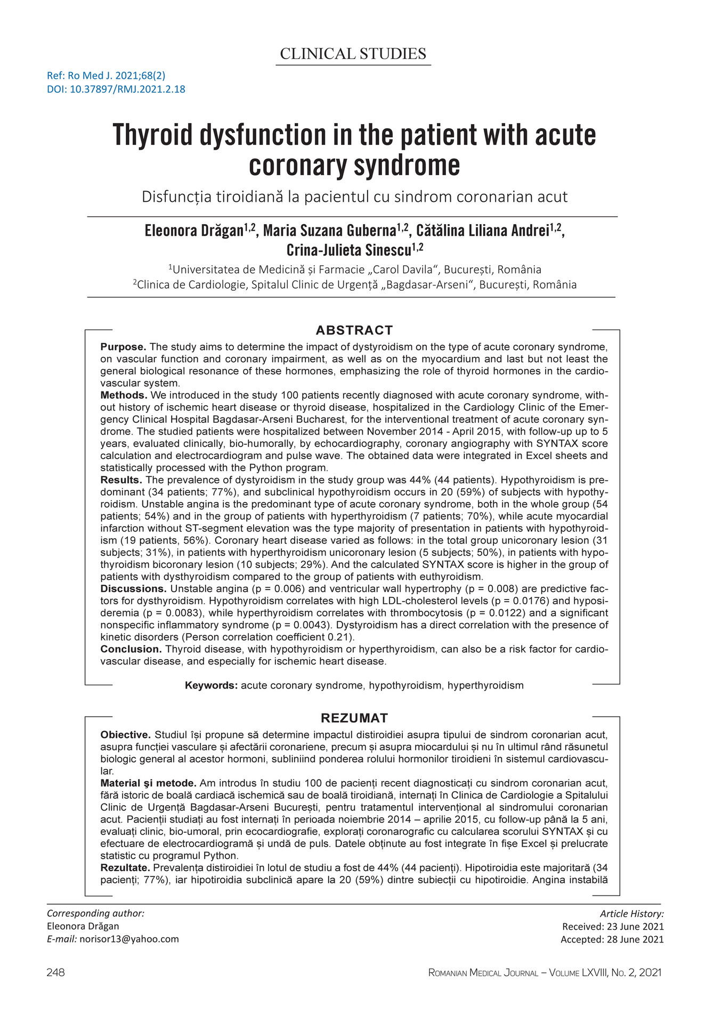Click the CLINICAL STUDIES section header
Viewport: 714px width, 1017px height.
coord(353,54)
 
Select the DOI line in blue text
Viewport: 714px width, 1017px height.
coord(116,89)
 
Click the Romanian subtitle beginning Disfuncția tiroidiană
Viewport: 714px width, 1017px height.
coord(354,197)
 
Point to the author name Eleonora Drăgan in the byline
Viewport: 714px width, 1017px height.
coord(194,232)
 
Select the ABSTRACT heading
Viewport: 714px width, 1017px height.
coord(354,330)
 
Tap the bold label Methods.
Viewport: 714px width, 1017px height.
coord(124,395)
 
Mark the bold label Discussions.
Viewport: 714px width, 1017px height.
coord(134,589)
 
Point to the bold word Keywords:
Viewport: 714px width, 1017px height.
coord(211,685)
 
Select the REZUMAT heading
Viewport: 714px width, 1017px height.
coord(354,718)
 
